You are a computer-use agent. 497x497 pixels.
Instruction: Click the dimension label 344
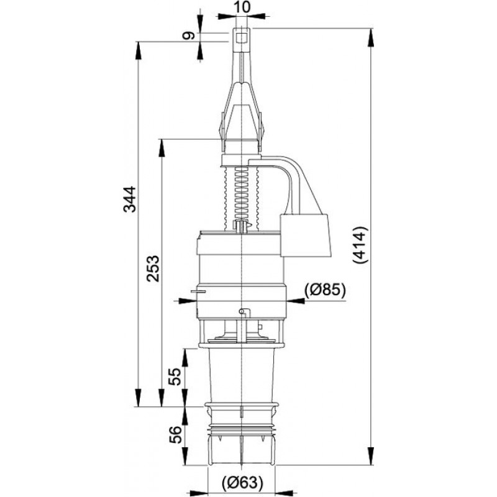pos(130,199)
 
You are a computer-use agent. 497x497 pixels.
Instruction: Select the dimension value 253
pos(152,268)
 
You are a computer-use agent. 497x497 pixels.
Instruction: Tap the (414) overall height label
pos(360,245)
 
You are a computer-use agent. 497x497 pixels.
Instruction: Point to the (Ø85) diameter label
pos(324,289)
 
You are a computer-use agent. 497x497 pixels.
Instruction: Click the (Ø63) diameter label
pos(242,483)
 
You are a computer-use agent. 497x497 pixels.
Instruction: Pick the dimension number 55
pos(175,376)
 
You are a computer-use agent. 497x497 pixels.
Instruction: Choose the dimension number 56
pos(175,434)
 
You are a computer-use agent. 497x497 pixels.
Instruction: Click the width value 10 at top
pos(242,7)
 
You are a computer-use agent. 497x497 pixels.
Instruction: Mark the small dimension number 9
pos(188,35)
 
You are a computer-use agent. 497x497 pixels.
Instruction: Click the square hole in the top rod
pos(242,37)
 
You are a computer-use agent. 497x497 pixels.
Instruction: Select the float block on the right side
pos(305,235)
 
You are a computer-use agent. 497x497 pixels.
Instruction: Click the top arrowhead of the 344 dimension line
pos(137,50)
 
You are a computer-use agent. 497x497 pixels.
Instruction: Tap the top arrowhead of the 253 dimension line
pos(162,148)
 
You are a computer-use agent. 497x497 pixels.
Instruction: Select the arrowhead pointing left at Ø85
pos(296,301)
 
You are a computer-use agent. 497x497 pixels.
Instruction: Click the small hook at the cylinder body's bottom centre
pos(244,312)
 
